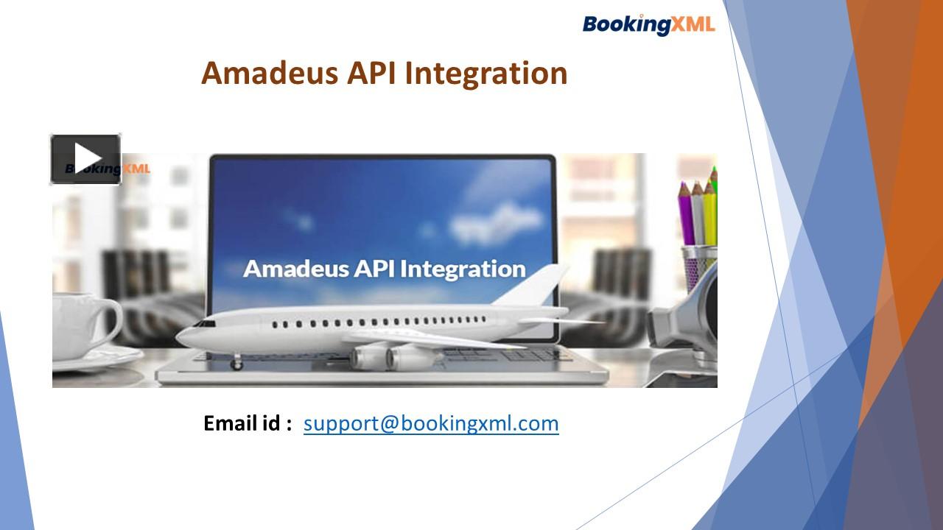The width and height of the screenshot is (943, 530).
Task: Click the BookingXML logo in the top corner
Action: pyautogui.click(x=648, y=24)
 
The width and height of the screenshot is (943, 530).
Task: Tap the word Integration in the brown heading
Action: pyautogui.click(x=486, y=74)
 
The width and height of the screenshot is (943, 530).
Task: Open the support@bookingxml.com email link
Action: pyautogui.click(x=431, y=423)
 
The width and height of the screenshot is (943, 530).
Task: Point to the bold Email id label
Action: pyautogui.click(x=248, y=423)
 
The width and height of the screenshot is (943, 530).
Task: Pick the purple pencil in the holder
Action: pyautogui.click(x=686, y=213)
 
